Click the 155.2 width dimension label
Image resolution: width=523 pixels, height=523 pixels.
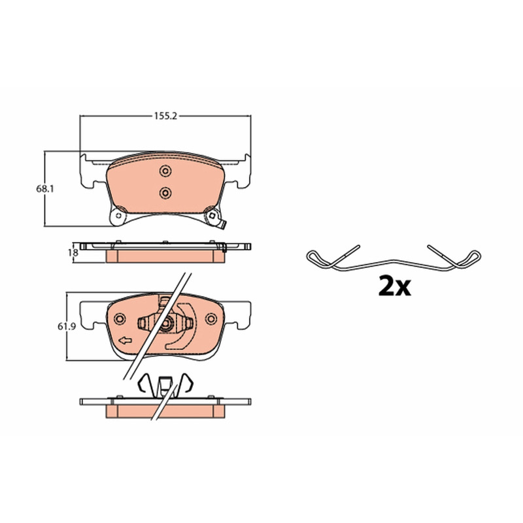click(x=165, y=116)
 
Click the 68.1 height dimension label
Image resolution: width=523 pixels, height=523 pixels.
click(x=44, y=189)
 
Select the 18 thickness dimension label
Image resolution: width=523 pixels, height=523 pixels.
click(x=73, y=253)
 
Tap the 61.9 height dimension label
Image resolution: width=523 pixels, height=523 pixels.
click(x=67, y=326)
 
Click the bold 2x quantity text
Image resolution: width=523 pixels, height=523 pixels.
click(x=395, y=286)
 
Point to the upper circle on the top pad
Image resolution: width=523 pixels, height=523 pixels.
click(x=165, y=171)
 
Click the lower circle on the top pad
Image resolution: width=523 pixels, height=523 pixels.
click(x=165, y=193)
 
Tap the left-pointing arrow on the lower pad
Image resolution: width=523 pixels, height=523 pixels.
click(x=126, y=341)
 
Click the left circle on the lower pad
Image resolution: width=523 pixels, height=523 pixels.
click(x=120, y=318)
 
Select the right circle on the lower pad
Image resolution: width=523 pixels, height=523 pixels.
click(x=211, y=319)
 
